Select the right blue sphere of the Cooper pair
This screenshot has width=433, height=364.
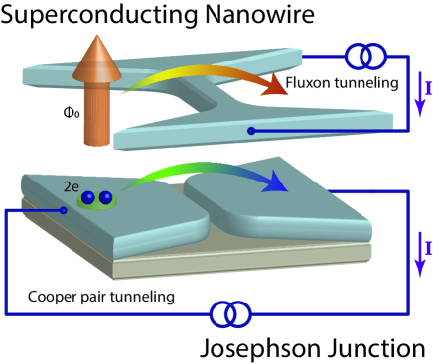coord(105,198)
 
